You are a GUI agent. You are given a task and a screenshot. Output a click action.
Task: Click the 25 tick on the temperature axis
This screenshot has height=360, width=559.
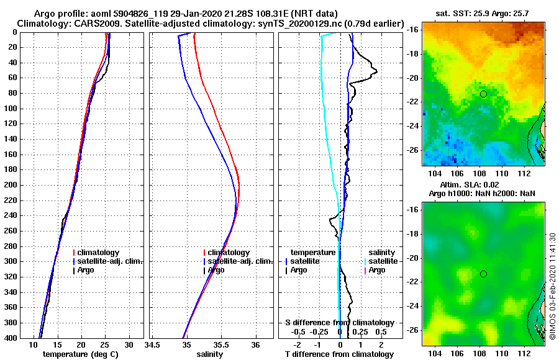coord(105,344)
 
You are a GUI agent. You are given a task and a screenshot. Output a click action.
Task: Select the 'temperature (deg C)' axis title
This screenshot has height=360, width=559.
coord(80,354)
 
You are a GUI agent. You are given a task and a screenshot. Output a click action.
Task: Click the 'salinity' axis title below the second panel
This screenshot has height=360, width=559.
coord(209,354)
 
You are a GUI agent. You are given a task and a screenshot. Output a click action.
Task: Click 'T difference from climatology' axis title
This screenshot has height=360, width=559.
coord(339,354)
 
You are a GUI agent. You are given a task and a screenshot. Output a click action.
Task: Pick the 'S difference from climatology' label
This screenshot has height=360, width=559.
coord(339,323)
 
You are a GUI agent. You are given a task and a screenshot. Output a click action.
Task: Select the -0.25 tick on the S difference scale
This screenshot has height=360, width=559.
coord(320,331)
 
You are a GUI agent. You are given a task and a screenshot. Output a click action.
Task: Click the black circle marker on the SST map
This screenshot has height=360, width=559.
coord(483,94)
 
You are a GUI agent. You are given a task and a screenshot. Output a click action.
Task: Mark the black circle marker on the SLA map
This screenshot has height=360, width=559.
coord(483,274)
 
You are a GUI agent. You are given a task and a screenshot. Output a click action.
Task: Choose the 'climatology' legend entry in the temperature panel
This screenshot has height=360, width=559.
coord(100,253)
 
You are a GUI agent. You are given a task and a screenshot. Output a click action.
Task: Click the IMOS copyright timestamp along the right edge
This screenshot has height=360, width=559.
coord(552,287)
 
